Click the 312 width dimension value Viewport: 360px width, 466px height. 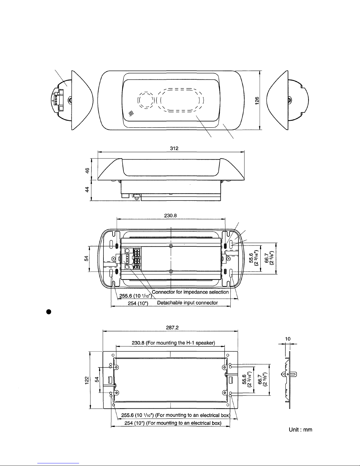(174, 148)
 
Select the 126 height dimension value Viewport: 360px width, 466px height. (257, 101)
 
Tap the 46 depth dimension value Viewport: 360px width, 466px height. (87, 171)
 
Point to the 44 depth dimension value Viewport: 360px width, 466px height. (87, 190)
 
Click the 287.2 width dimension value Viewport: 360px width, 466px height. (172, 328)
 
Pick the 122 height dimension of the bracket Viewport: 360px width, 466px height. (87, 380)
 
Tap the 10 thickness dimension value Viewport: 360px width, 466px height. (288, 339)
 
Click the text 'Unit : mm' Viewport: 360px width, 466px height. (300, 430)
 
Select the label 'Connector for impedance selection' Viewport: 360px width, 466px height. (190, 292)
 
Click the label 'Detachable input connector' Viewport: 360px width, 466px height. (187, 303)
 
